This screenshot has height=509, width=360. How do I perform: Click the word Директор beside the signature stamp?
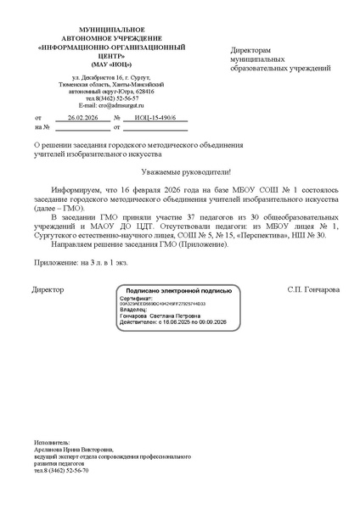coord(47,289)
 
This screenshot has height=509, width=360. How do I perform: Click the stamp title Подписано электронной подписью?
coord(181,290)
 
